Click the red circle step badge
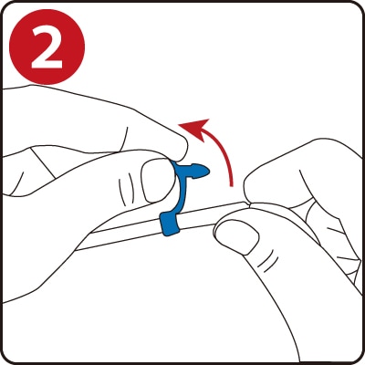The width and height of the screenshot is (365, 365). tap(47, 47)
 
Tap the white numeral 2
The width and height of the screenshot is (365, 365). tap(47, 47)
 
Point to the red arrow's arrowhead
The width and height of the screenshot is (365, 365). tap(195, 129)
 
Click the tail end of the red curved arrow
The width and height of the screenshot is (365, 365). tap(232, 185)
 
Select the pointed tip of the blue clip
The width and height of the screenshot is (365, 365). tap(208, 172)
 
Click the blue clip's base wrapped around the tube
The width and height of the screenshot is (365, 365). tap(171, 224)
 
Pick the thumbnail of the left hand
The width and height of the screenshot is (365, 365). tap(155, 183)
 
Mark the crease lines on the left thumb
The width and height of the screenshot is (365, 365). tap(127, 190)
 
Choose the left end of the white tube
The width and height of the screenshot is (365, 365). tap(78, 248)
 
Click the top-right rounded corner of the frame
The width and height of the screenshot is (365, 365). tap(357, 8)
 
